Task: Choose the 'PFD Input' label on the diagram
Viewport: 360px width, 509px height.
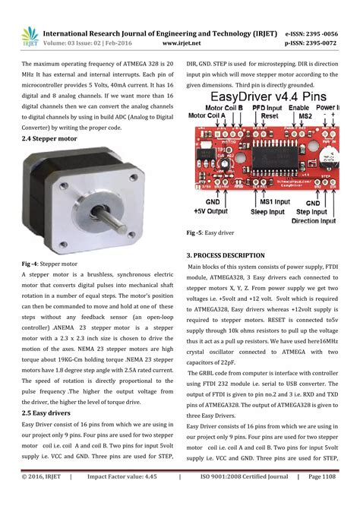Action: pos(261,108)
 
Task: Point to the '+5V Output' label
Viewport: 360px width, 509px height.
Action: pos(211,210)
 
